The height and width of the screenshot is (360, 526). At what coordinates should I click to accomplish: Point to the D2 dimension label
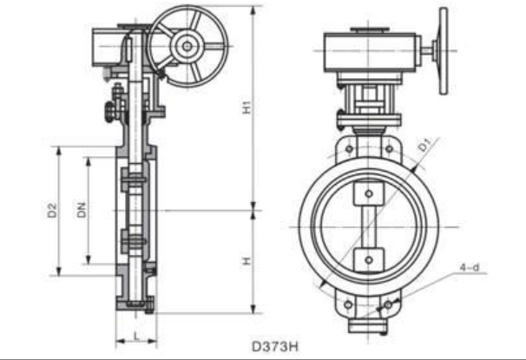52,210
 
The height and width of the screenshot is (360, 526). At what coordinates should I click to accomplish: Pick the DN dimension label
81,210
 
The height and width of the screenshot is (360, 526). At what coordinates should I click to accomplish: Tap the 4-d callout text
470,268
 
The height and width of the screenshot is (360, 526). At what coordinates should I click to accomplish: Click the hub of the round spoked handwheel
187,40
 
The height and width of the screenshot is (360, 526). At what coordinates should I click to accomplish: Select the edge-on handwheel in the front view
444,52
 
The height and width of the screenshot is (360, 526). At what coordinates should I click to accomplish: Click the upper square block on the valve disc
369,193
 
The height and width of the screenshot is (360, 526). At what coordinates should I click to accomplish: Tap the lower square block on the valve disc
369,259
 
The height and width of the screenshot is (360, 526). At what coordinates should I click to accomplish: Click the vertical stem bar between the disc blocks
369,226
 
